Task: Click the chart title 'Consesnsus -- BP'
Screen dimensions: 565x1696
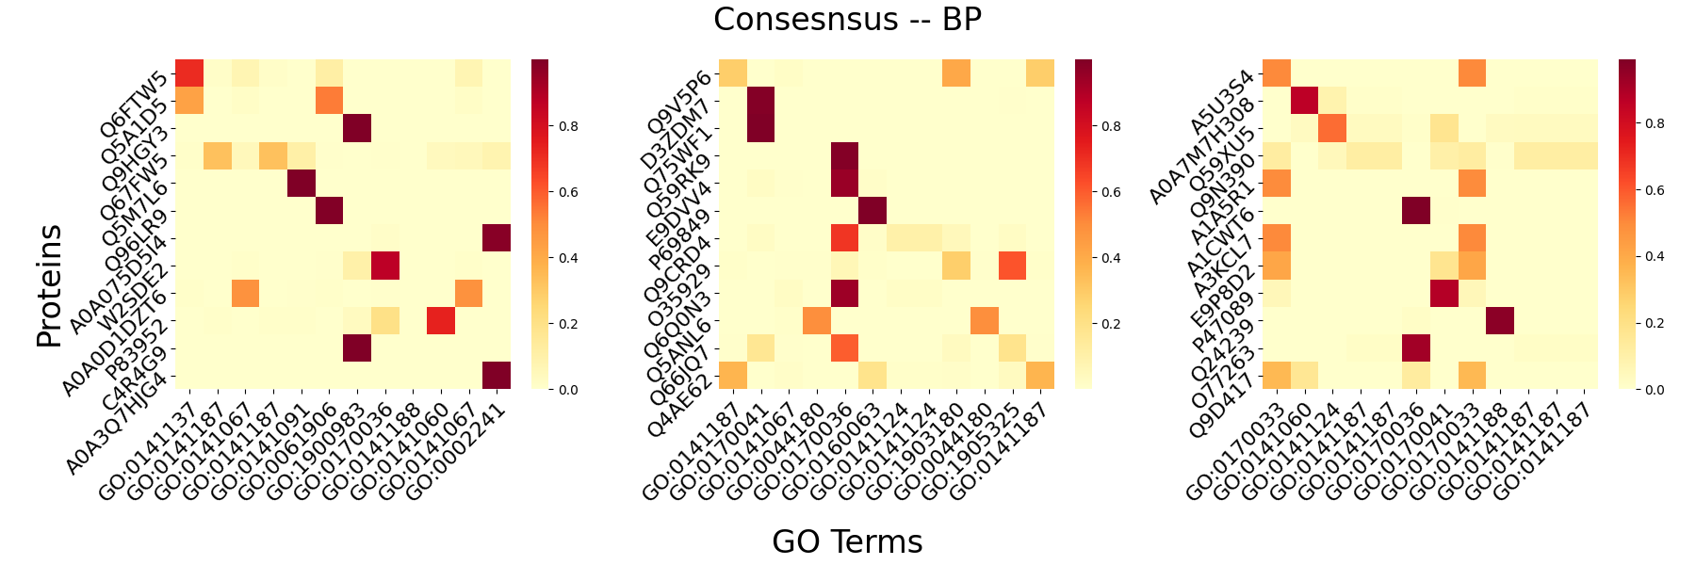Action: (x=847, y=20)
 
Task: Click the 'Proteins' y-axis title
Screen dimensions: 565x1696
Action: (x=49, y=285)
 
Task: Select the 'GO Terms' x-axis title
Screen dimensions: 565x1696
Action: (x=847, y=541)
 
